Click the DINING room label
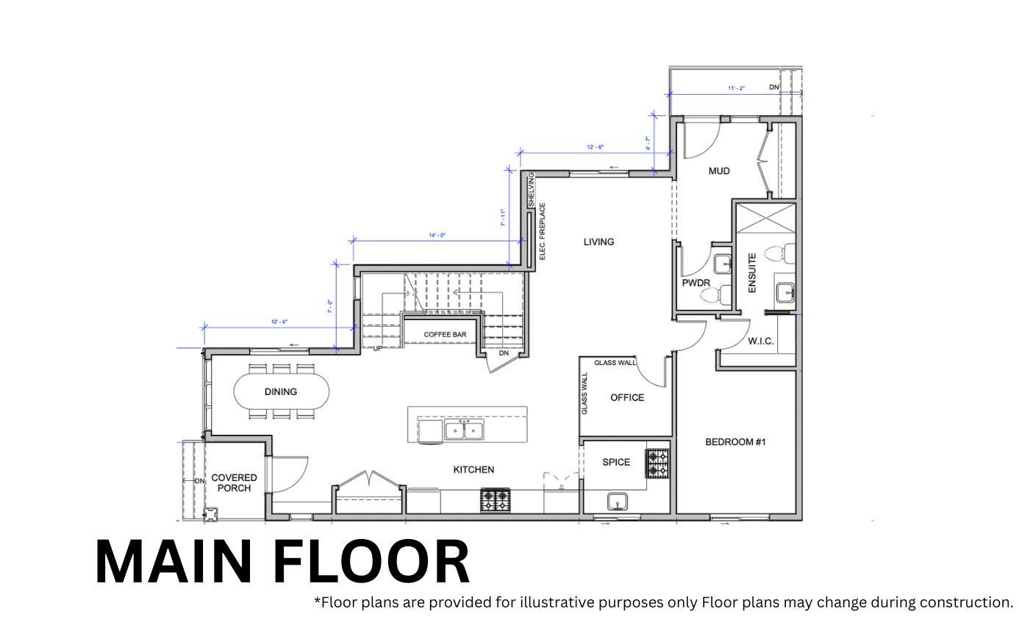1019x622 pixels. click(280, 392)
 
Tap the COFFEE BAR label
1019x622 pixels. click(445, 335)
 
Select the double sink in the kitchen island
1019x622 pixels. click(464, 430)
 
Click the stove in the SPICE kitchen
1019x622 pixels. click(657, 463)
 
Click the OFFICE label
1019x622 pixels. click(627, 398)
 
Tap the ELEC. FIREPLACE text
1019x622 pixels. click(543, 231)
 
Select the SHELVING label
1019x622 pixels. click(531, 189)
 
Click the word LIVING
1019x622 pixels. click(598, 242)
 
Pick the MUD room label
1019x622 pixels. click(719, 171)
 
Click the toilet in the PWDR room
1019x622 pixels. click(712, 295)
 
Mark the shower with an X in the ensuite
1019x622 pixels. click(766, 218)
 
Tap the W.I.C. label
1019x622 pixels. click(760, 341)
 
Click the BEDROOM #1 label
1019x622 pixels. click(735, 442)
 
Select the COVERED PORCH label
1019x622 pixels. click(234, 483)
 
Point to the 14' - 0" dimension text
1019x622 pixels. click(437, 236)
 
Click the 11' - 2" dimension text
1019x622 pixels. click(736, 88)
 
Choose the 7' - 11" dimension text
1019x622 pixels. click(503, 218)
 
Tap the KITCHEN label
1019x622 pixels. click(473, 470)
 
